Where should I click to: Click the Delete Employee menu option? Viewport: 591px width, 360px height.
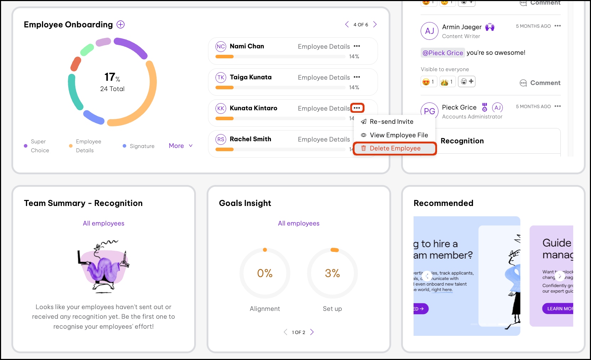[395, 148]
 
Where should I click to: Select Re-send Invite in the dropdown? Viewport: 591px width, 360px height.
[391, 122]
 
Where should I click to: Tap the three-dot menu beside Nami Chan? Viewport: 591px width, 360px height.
[357, 46]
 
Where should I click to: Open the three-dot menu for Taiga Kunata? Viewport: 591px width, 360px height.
[357, 77]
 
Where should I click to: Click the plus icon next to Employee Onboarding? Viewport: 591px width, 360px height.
[121, 25]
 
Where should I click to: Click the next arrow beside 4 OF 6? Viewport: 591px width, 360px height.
[375, 25]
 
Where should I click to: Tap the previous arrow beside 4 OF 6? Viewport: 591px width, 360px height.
[347, 25]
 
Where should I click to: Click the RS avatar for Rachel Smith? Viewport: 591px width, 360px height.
[221, 139]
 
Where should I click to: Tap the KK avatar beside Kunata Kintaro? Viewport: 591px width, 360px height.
[221, 108]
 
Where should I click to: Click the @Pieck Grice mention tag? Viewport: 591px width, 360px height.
[442, 53]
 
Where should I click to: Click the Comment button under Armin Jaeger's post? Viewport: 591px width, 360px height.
[540, 83]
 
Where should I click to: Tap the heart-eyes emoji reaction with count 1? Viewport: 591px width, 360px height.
[428, 82]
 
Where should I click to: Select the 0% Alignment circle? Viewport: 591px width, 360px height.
[265, 273]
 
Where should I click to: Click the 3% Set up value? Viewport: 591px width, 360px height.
[332, 273]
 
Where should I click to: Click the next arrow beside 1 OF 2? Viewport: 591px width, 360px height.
[312, 332]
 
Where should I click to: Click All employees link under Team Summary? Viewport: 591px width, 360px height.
[103, 223]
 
